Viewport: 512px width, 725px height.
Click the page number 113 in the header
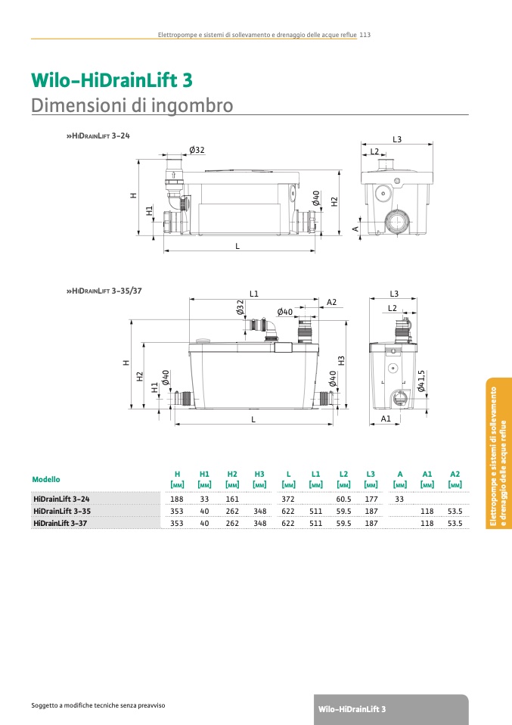click(365, 35)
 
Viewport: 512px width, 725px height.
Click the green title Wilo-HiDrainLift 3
click(112, 80)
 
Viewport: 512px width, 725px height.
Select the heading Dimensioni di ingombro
click(132, 106)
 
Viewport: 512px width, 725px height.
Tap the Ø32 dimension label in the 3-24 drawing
click(197, 150)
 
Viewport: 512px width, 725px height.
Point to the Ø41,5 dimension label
click(421, 381)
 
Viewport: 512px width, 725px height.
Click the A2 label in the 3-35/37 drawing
click(332, 303)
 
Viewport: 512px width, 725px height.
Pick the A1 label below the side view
click(386, 419)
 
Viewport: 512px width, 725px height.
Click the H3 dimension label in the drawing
click(342, 361)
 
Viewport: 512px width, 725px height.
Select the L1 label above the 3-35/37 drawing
click(254, 294)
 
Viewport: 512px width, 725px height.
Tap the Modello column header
click(46, 480)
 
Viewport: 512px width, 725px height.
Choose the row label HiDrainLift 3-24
click(61, 499)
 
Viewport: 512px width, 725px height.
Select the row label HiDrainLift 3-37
click(60, 523)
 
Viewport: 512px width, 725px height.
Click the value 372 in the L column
click(288, 499)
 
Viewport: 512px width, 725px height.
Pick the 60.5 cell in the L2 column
click(344, 499)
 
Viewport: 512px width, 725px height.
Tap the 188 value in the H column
click(177, 499)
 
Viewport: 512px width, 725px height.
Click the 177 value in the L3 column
click(371, 499)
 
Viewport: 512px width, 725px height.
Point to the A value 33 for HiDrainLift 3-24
click(399, 499)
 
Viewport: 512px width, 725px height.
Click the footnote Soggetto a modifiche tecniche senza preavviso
click(98, 705)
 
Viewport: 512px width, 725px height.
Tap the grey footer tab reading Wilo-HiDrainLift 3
click(391, 709)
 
